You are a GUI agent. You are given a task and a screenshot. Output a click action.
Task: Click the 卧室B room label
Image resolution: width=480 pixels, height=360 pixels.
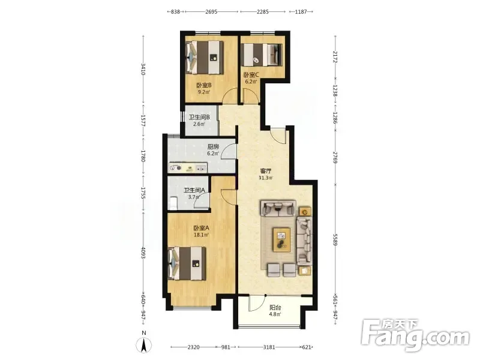[x=204, y=85]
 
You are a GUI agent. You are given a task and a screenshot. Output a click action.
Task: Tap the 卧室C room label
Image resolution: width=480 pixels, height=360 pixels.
[x=251, y=74]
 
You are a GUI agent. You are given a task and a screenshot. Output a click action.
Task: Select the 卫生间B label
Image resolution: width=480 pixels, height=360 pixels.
[x=199, y=117]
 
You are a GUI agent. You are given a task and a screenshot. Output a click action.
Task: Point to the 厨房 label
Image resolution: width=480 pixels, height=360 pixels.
[x=213, y=146]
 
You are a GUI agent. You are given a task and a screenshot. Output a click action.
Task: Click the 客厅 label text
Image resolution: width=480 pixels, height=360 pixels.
[x=265, y=171]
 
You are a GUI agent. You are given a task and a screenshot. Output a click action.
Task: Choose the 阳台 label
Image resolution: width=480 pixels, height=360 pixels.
[x=275, y=308]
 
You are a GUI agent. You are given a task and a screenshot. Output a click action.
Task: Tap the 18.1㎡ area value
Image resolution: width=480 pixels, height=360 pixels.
[x=201, y=235]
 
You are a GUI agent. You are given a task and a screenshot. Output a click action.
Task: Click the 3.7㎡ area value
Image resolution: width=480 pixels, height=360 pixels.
[x=194, y=197]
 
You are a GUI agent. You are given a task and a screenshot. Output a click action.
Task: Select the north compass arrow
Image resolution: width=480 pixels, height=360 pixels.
[x=144, y=344]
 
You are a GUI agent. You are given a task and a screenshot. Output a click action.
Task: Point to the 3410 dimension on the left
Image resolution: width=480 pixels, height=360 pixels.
[x=143, y=69]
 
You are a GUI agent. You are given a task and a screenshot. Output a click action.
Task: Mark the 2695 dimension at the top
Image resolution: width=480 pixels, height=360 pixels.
[x=211, y=11]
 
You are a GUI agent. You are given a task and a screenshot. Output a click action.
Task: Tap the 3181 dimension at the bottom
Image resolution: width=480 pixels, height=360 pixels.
[x=269, y=347]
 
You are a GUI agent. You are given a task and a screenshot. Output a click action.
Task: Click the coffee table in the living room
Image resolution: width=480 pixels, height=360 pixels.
[x=282, y=239]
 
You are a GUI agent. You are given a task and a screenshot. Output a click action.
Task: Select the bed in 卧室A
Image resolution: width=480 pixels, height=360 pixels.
[x=187, y=263]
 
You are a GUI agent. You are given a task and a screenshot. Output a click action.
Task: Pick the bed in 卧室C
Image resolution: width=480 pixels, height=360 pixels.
[x=262, y=55]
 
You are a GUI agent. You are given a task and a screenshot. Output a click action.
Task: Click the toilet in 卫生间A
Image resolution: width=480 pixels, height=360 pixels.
[x=173, y=203]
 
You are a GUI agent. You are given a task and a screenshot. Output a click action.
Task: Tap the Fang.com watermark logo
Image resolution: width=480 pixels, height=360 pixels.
[x=415, y=335]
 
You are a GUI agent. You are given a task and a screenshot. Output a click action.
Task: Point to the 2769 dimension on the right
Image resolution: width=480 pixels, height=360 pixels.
[x=335, y=157]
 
